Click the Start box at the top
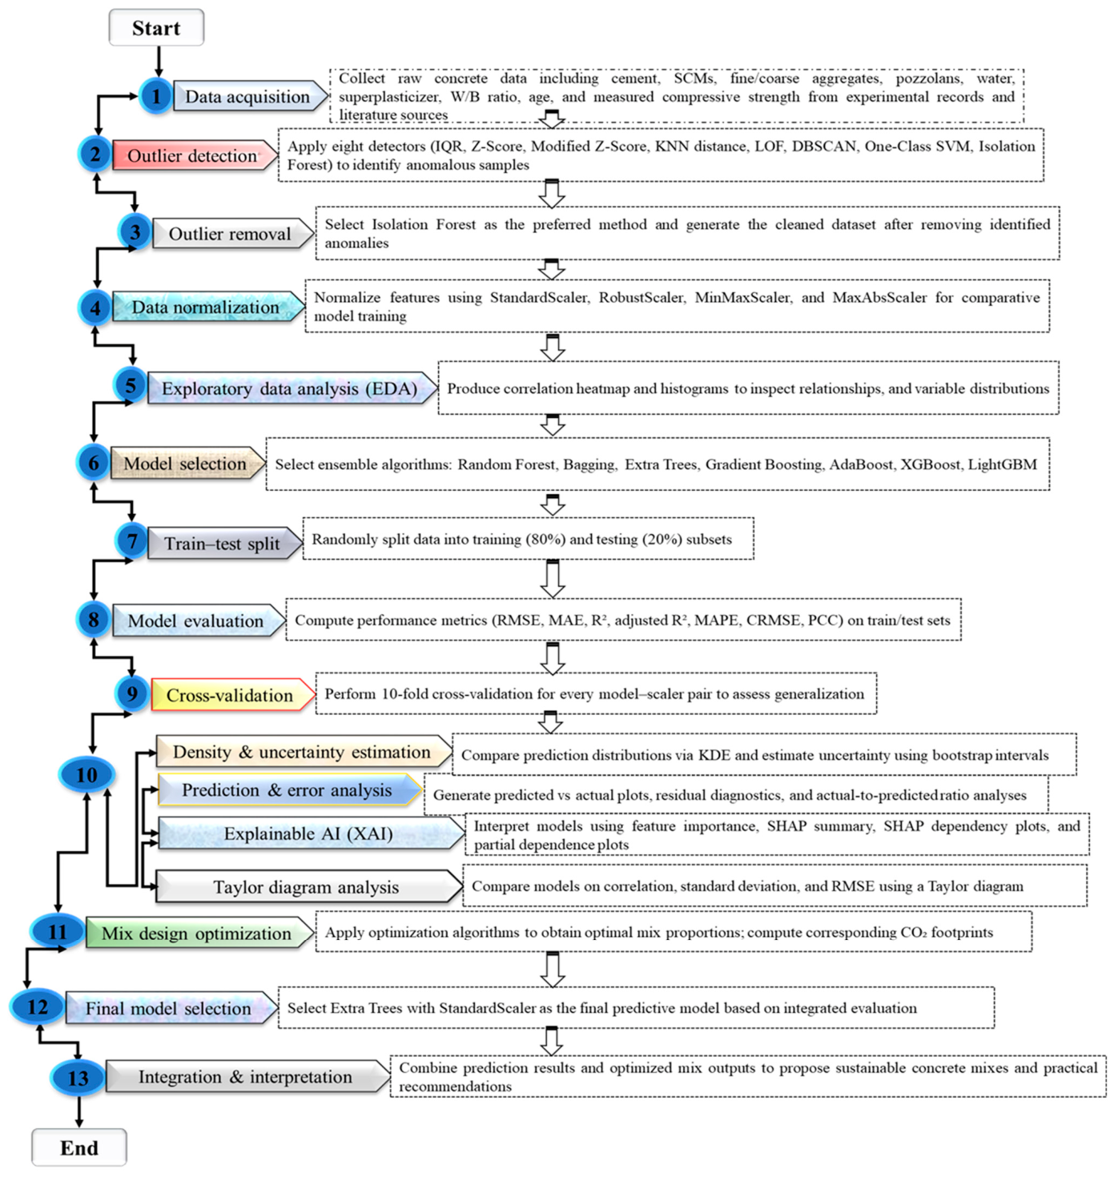tap(156, 28)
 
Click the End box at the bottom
tap(78, 1147)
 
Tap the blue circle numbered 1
tap(155, 97)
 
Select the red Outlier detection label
tap(193, 155)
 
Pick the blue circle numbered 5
tap(130, 385)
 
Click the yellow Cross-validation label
tap(231, 695)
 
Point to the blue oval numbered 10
tap(86, 774)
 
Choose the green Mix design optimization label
tap(198, 933)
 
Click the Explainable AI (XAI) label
tap(309, 834)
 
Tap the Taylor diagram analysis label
tap(307, 887)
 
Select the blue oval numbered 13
tap(78, 1078)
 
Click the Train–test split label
tap(223, 544)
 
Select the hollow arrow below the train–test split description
tap(552, 578)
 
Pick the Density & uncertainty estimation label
tap(302, 752)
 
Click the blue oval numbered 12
tap(38, 1007)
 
